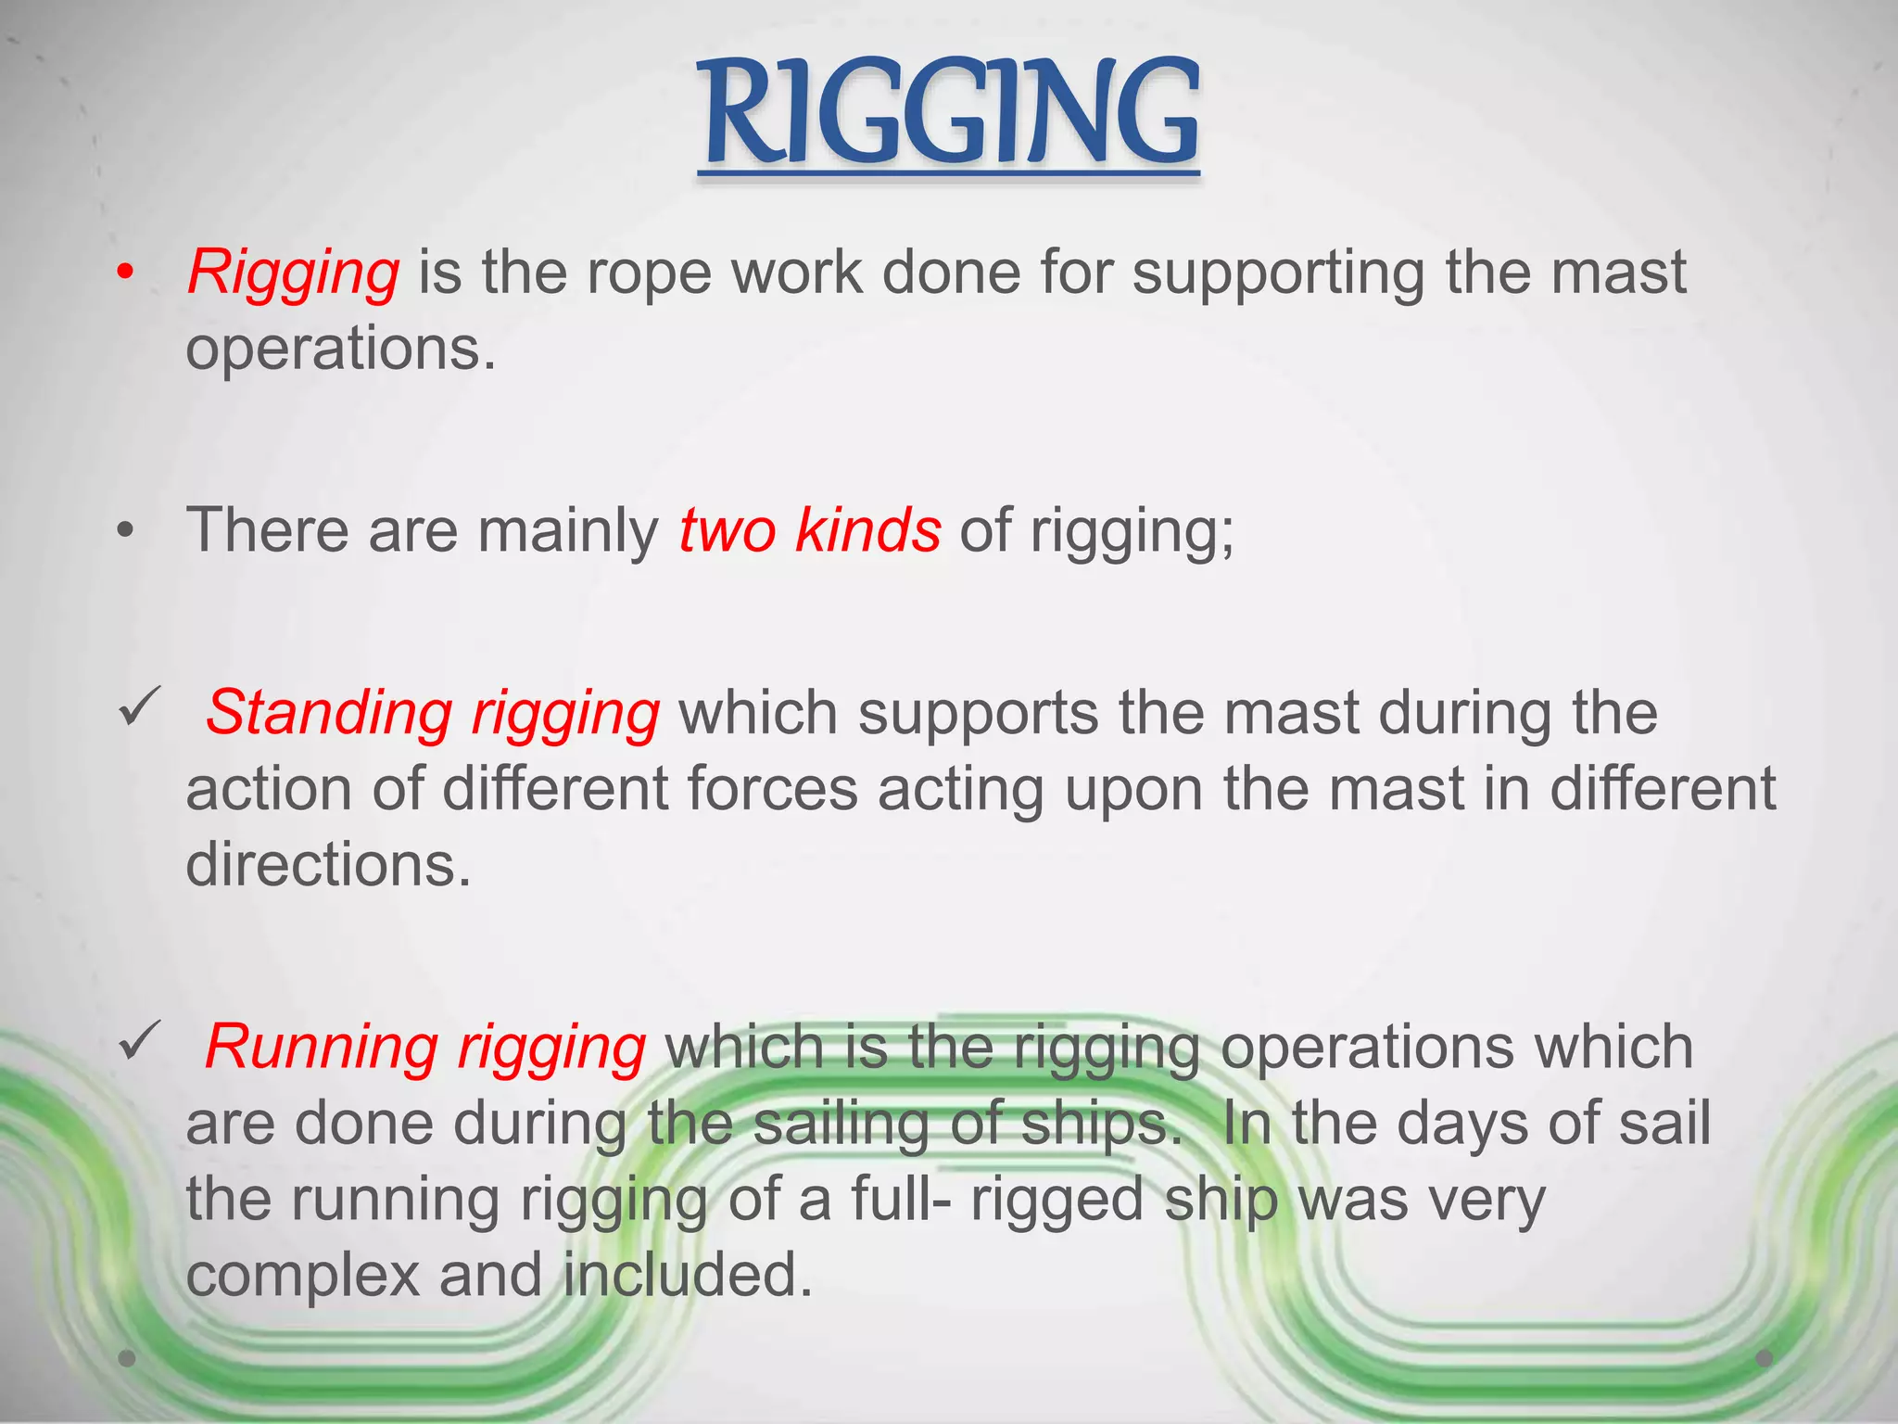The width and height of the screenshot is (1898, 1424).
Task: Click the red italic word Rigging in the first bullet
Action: coord(294,273)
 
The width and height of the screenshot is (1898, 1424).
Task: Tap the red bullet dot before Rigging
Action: coord(126,273)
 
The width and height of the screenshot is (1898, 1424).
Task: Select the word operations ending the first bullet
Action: coord(340,350)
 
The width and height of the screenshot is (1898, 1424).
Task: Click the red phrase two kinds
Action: coord(810,530)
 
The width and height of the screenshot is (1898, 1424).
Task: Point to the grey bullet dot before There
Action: coord(126,532)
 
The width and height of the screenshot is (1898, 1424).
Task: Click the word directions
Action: coord(328,865)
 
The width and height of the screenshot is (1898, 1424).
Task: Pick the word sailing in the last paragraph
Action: coord(841,1124)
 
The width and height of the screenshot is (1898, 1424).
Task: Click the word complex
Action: coord(303,1276)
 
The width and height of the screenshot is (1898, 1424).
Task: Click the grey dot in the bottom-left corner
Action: coord(128,1358)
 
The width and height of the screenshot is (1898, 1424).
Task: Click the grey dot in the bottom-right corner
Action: coord(1765,1358)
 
